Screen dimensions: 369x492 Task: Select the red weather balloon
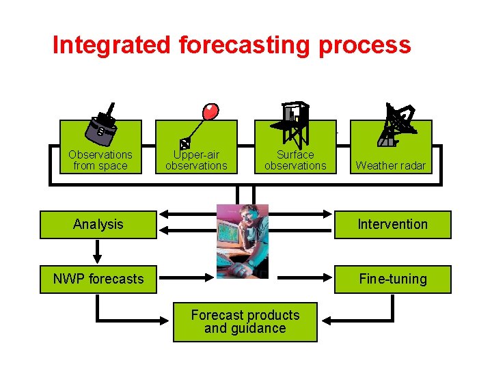pos(210,111)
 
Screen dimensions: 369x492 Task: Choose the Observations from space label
pos(100,160)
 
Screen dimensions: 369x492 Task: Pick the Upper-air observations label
pos(196,160)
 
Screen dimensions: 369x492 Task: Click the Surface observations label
pos(295,160)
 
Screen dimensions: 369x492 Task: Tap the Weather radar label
pos(391,165)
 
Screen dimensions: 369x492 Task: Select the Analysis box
pos(98,224)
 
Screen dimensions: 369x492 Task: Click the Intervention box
pos(393,224)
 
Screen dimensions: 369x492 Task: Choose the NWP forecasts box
pos(98,279)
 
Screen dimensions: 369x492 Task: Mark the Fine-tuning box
pos(393,279)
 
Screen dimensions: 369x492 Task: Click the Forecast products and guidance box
pos(245,322)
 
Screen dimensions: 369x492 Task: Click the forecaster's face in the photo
pos(246,221)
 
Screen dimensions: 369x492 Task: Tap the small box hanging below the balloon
pos(184,143)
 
